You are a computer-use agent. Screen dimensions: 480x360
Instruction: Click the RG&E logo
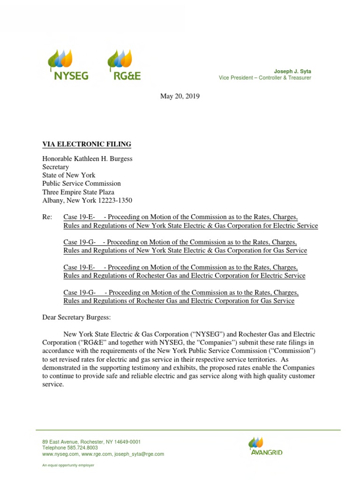(124, 66)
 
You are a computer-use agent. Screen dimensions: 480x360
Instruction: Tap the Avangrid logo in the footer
(265, 446)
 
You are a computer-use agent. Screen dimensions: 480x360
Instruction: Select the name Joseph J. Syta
(293, 71)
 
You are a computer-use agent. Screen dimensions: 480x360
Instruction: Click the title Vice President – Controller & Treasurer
(265, 78)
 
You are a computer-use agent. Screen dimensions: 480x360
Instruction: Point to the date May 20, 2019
(180, 96)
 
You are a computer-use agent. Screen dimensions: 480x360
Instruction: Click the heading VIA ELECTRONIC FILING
(87, 144)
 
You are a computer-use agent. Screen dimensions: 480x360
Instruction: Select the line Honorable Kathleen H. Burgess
(87, 159)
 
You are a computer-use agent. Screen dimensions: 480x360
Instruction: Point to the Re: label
(48, 217)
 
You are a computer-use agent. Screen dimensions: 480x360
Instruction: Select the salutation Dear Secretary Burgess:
(76, 317)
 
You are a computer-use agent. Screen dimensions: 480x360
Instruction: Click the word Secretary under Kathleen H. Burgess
(55, 167)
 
